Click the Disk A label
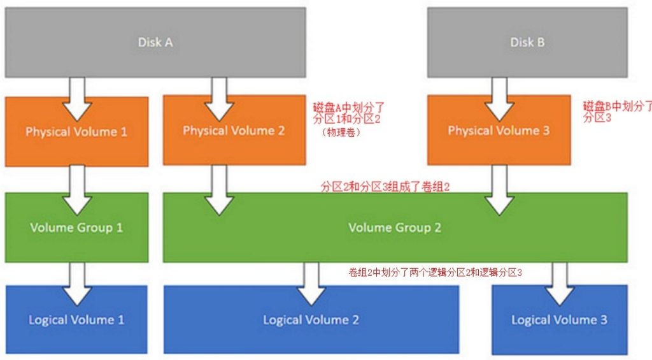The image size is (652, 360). (x=155, y=43)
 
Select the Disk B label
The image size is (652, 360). (x=527, y=43)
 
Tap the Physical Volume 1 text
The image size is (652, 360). (x=76, y=132)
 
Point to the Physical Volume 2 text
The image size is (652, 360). (x=234, y=131)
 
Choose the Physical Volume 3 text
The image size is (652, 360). (x=499, y=131)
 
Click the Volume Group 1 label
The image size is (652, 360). (x=76, y=227)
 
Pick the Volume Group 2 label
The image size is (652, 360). (x=395, y=227)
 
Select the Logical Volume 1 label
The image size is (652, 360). (x=76, y=319)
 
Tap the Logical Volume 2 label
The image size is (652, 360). (x=311, y=319)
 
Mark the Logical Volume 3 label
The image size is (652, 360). (x=559, y=319)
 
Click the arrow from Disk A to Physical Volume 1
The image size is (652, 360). (x=77, y=99)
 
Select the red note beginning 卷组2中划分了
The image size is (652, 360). (x=436, y=272)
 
